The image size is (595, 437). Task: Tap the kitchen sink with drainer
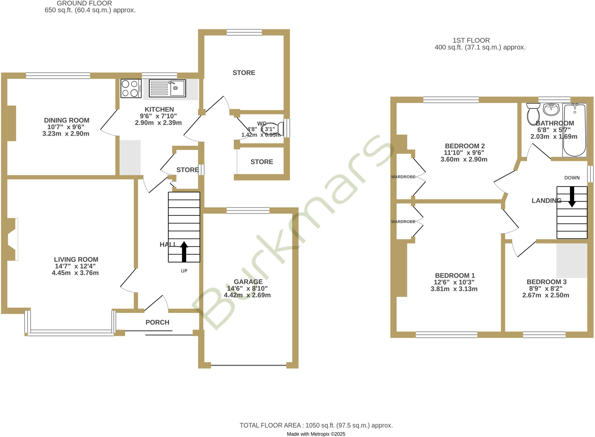click(x=167, y=88)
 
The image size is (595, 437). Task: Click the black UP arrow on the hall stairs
click(x=184, y=251)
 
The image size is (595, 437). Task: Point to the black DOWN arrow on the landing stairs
click(x=572, y=197)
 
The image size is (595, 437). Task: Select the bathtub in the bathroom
click(x=574, y=130)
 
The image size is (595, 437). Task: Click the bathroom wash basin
click(x=551, y=109)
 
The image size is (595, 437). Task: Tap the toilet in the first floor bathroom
click(x=533, y=113)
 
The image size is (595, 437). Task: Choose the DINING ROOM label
click(x=67, y=120)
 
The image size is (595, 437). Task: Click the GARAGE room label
click(x=248, y=282)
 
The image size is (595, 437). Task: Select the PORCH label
click(x=157, y=322)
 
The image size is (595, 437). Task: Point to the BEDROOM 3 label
click(x=546, y=282)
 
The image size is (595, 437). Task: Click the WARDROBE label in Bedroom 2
click(x=403, y=177)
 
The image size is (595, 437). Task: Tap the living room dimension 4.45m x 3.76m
click(x=75, y=273)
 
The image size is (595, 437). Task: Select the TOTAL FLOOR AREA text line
click(x=316, y=425)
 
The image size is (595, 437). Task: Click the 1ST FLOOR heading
click(x=471, y=40)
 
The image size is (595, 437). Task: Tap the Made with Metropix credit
click(x=316, y=434)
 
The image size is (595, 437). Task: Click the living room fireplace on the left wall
click(x=12, y=239)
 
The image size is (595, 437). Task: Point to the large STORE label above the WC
click(x=244, y=73)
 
